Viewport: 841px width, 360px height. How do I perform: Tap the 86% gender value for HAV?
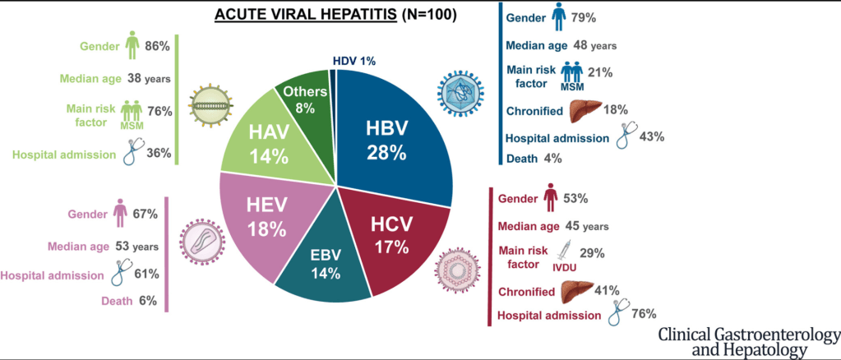click(156, 48)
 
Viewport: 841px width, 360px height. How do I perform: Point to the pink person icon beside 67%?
click(120, 213)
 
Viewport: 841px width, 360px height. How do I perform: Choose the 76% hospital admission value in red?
click(644, 313)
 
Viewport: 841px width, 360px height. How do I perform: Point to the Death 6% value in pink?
click(147, 301)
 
